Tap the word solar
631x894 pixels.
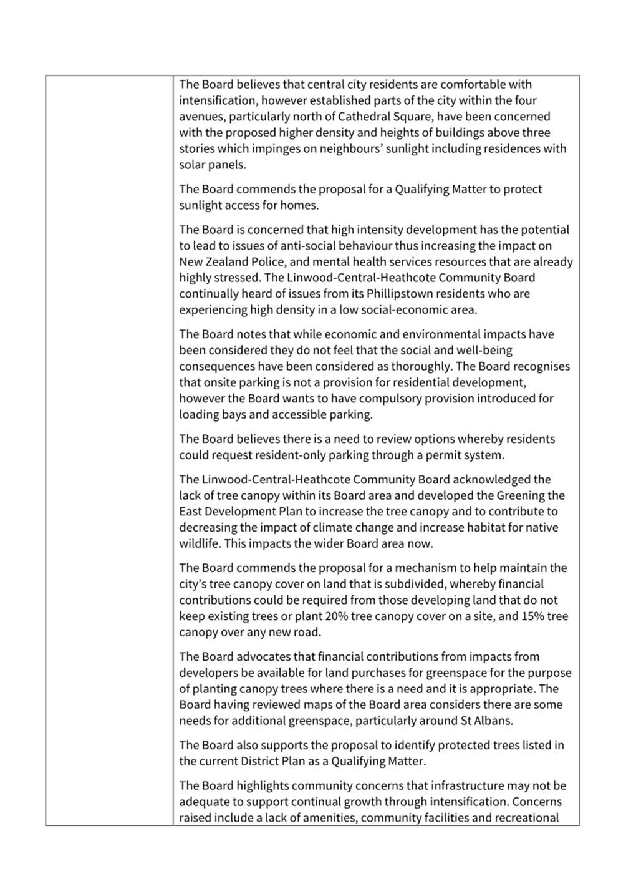pos(193,165)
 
